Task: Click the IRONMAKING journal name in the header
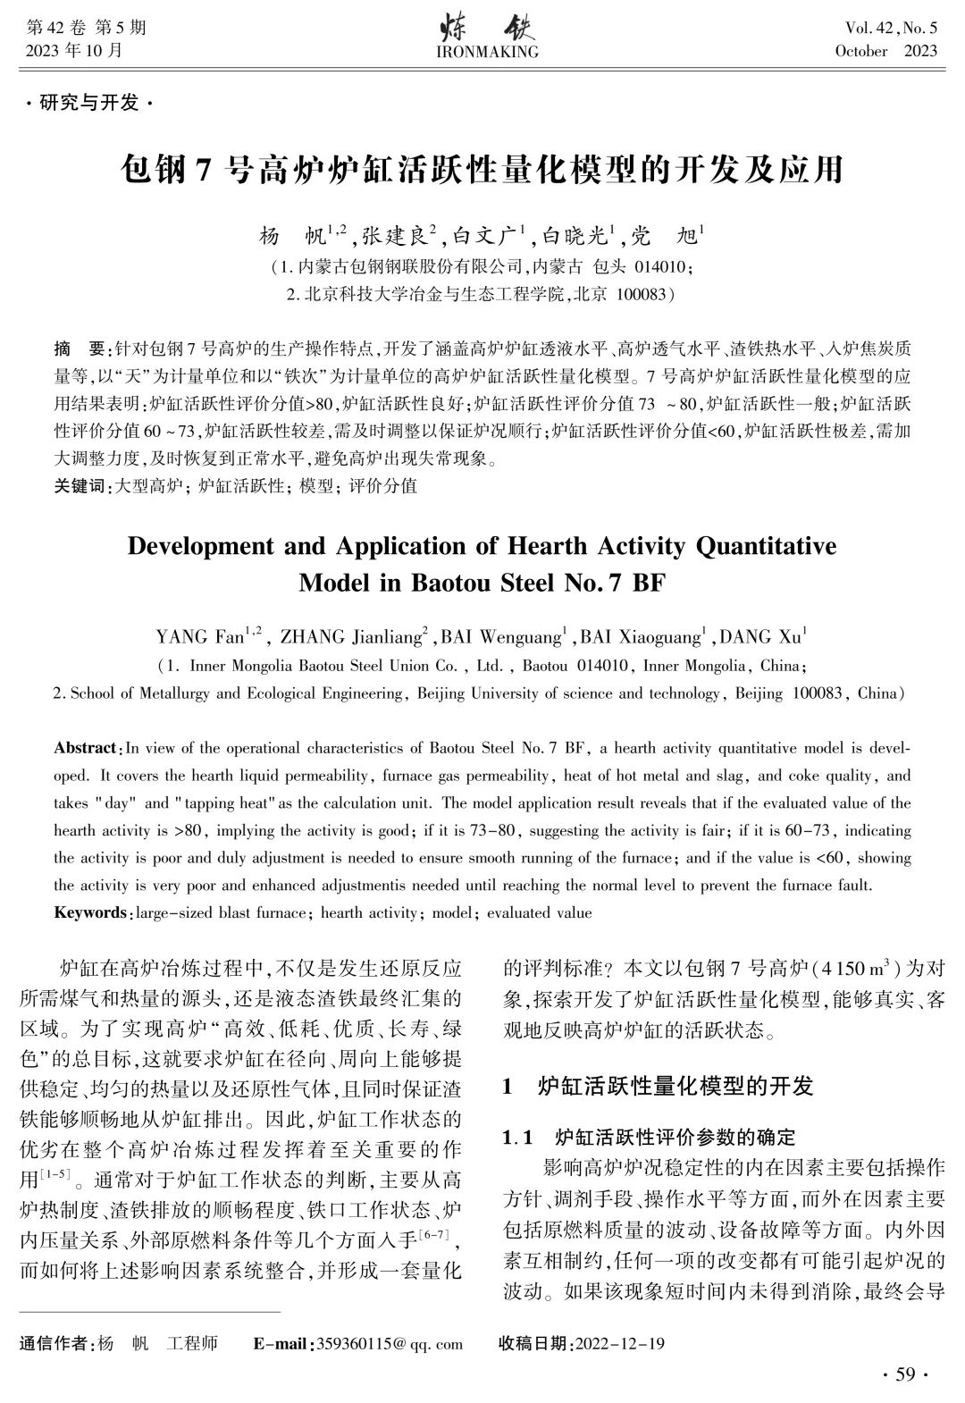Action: (487, 52)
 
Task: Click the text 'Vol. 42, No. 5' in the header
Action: (885, 29)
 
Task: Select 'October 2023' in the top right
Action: (885, 51)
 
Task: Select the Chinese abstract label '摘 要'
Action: (79, 347)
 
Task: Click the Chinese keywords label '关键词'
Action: (78, 486)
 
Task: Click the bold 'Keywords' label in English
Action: (91, 912)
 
